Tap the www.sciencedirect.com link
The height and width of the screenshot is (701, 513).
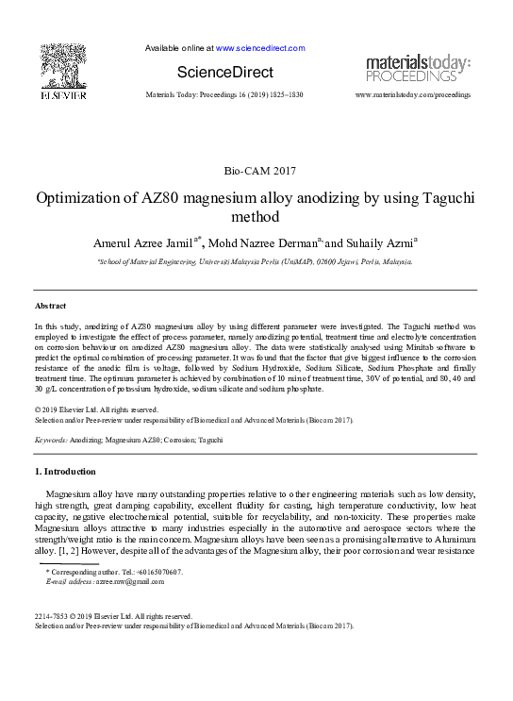click(260, 47)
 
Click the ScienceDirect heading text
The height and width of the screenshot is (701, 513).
click(225, 73)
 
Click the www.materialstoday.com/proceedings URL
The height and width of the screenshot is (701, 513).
click(412, 95)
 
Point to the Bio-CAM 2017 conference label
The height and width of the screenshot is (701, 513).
click(258, 171)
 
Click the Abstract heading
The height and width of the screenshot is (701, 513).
click(50, 307)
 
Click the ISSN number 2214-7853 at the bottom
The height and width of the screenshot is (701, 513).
click(52, 616)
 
